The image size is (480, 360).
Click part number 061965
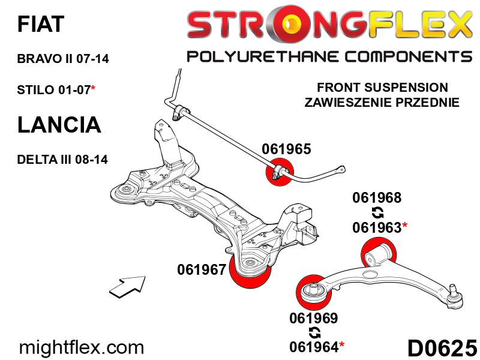286,149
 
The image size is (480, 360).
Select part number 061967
202,269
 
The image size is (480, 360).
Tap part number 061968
377,197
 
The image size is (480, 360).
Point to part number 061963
377,227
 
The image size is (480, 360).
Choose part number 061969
314,318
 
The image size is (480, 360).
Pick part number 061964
314,347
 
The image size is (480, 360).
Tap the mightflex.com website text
81,347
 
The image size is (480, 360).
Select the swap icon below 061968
377,212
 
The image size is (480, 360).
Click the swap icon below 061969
314,332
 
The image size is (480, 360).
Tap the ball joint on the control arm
455,296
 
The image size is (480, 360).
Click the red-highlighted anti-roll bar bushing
280,172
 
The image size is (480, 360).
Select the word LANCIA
59,125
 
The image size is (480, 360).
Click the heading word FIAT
41,23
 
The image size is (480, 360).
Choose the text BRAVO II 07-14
63,58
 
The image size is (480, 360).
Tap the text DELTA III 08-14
62,160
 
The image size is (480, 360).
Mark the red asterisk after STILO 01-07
93,88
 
